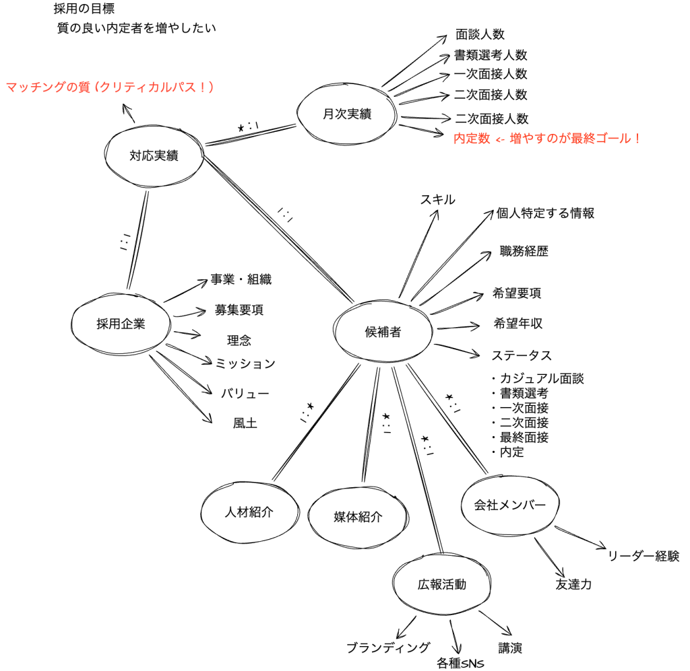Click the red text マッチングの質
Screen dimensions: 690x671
[x=48, y=87]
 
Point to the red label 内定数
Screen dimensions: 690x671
[x=472, y=139]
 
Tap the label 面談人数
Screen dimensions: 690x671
[x=480, y=34]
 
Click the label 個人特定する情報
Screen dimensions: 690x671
[x=545, y=213]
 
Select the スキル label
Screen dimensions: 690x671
[x=437, y=199]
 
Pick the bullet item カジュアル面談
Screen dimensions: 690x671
[x=542, y=378]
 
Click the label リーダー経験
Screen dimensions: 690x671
[x=644, y=556]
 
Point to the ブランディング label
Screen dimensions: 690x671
[x=388, y=647]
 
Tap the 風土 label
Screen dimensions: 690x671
[x=245, y=423]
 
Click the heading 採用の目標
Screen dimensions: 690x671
[x=84, y=8]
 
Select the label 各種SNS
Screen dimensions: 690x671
[x=460, y=663]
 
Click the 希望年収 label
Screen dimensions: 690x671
[x=518, y=324]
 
